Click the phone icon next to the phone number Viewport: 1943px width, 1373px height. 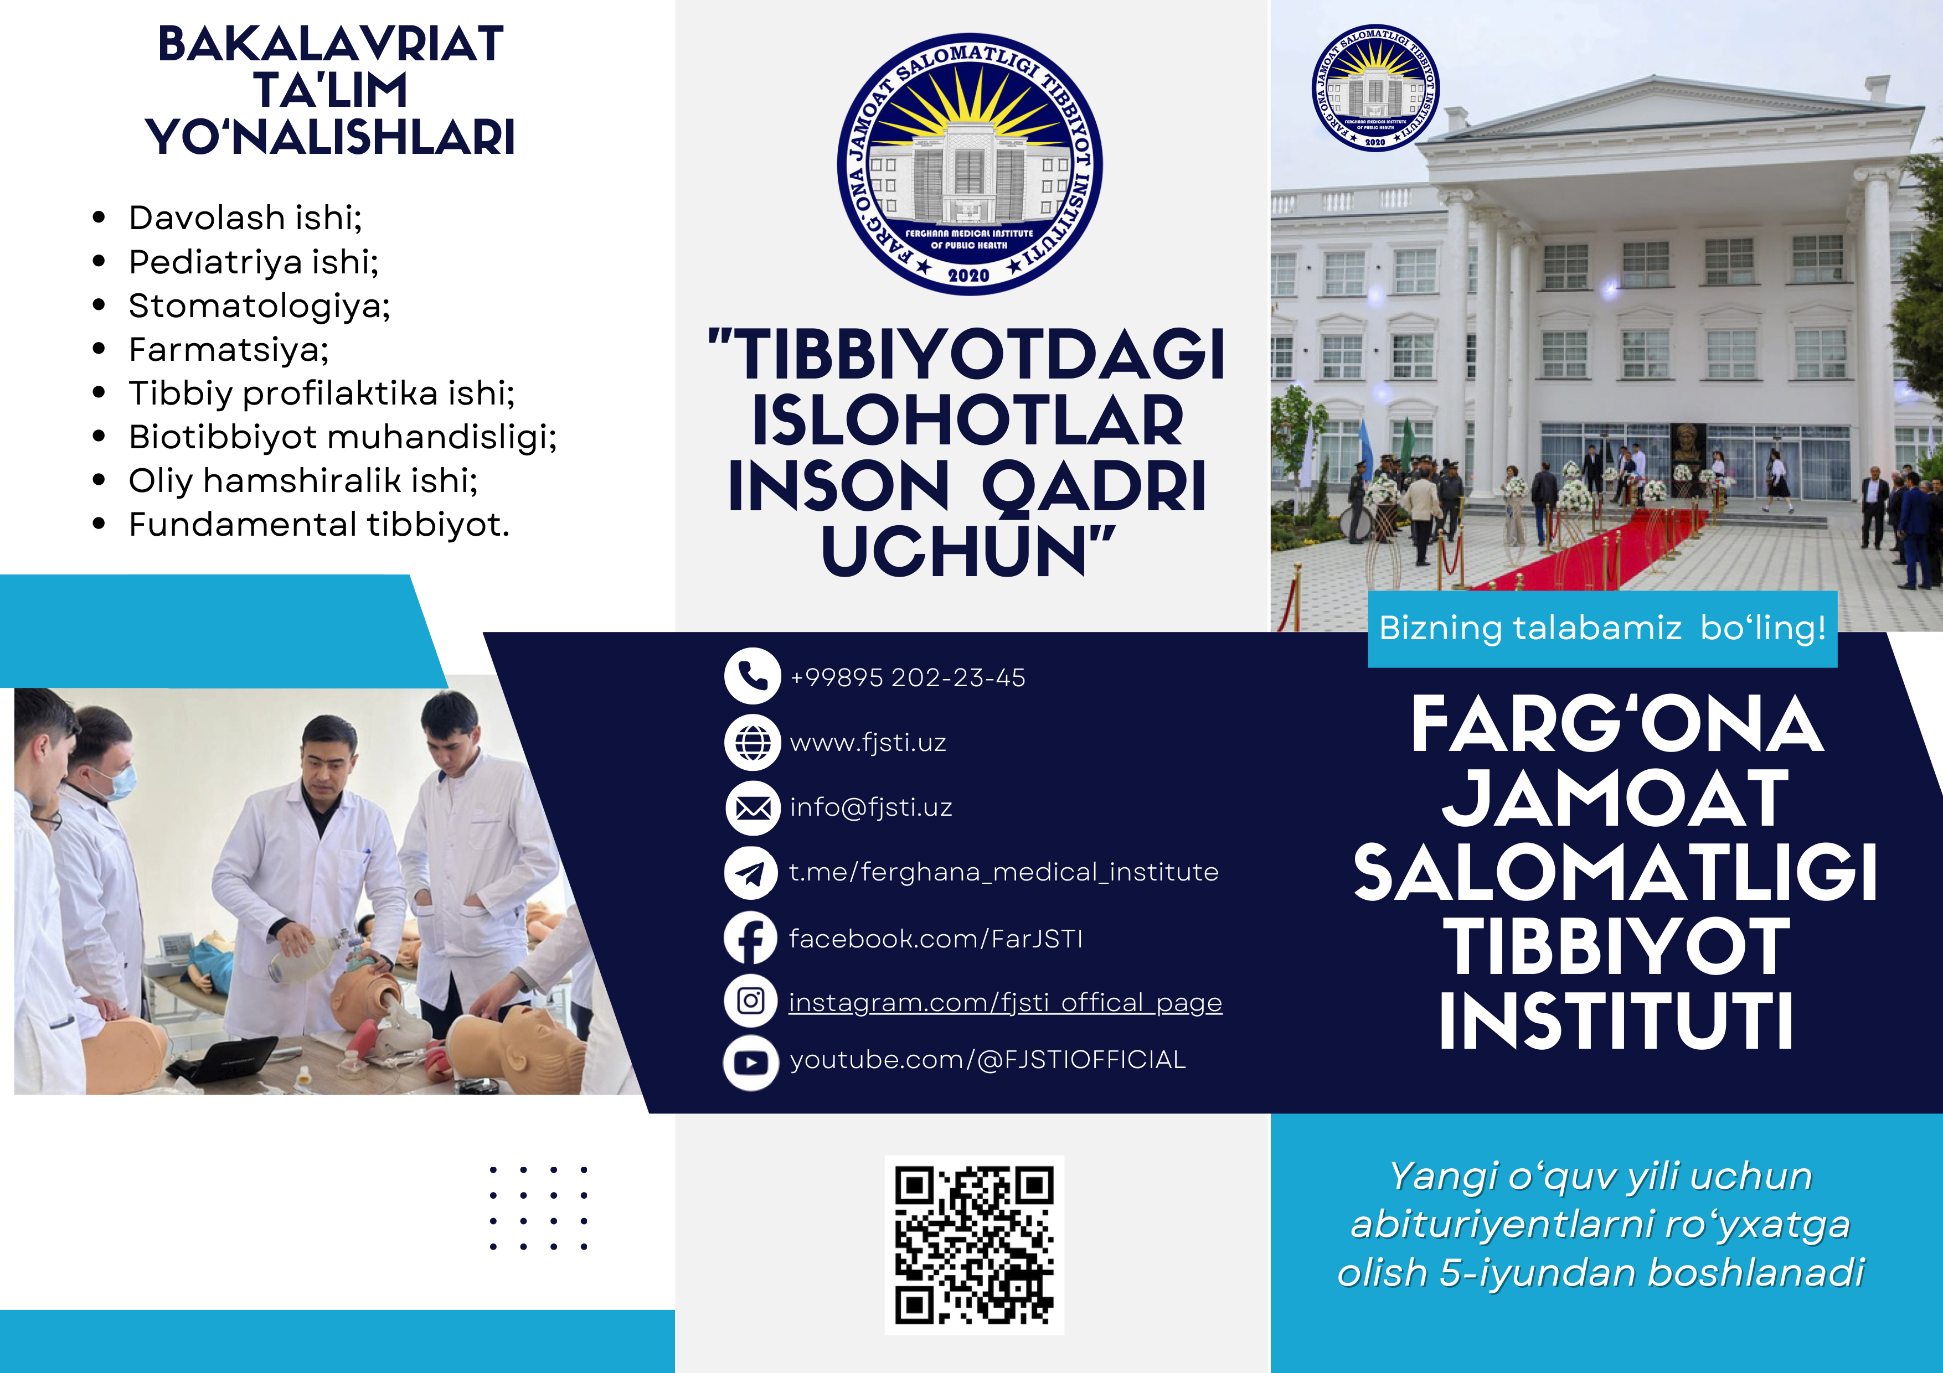(753, 677)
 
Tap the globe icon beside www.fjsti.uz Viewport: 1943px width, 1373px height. (753, 742)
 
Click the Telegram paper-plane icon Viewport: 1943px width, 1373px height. (751, 872)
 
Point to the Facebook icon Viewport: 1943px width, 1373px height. (751, 937)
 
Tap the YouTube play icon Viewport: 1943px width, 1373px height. (751, 1063)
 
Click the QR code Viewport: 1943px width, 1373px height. (974, 1245)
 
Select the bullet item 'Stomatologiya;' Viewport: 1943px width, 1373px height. (259, 306)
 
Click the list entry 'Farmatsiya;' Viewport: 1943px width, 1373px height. (229, 349)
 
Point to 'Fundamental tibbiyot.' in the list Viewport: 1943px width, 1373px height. (319, 525)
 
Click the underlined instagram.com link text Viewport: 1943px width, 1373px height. (1006, 1002)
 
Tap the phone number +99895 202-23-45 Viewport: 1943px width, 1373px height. (907, 677)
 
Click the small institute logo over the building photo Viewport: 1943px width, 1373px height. (1375, 88)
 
